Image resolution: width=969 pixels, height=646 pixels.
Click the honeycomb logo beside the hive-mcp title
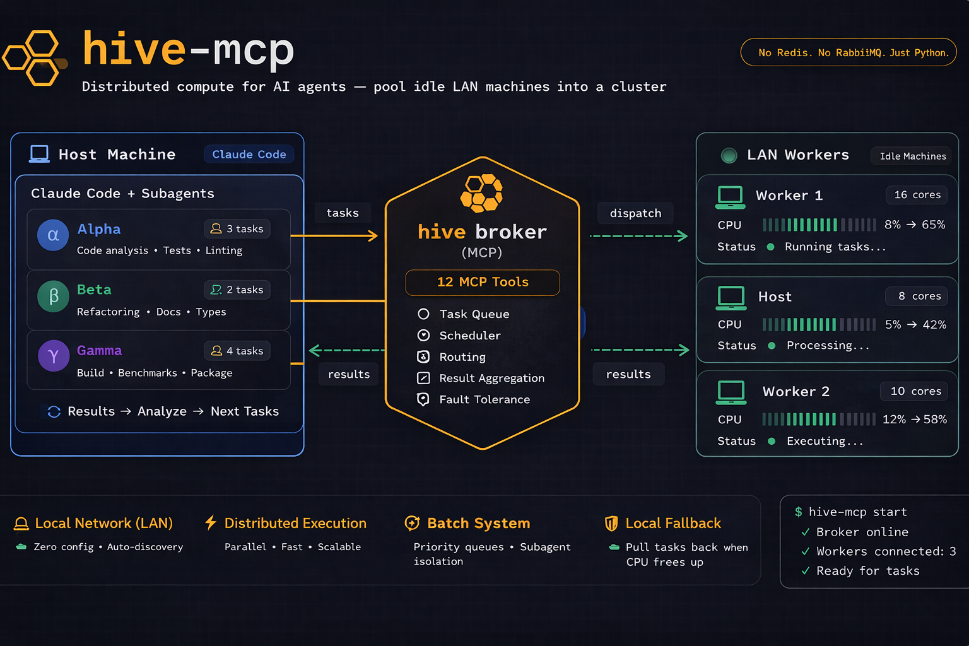[x=35, y=57]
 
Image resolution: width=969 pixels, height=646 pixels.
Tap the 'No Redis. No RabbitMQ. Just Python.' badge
[x=848, y=52]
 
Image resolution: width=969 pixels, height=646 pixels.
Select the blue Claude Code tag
[x=249, y=155]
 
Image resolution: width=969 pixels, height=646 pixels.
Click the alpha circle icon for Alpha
[x=53, y=235]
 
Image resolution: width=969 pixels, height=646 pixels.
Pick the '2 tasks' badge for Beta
[x=237, y=290]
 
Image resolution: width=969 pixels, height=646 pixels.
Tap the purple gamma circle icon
[x=53, y=356]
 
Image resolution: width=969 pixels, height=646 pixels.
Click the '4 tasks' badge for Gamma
[x=237, y=351]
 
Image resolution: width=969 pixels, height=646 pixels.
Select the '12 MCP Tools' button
[x=483, y=282]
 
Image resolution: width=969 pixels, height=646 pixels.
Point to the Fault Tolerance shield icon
[x=423, y=399]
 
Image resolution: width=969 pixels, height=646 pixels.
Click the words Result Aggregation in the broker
[x=491, y=378]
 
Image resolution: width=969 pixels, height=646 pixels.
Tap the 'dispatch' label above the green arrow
[x=635, y=213]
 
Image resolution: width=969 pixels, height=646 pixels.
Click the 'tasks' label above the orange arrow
[x=342, y=213]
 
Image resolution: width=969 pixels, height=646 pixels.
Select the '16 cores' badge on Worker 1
[x=917, y=195]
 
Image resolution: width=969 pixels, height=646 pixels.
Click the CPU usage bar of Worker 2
[x=818, y=420]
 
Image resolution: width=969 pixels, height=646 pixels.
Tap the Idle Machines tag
[x=912, y=156]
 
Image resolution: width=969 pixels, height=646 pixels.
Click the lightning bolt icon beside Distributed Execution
[x=211, y=522]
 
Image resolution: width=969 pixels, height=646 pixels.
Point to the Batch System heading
[x=478, y=523]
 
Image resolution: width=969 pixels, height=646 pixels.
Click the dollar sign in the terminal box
[x=799, y=512]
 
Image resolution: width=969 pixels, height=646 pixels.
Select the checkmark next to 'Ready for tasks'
[x=805, y=571]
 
